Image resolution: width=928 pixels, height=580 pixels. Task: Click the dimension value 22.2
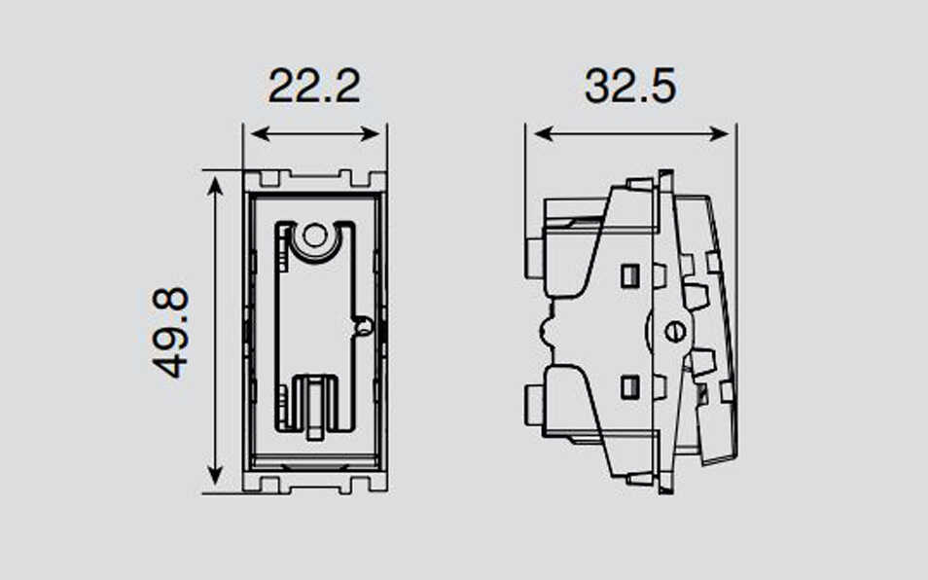tap(314, 87)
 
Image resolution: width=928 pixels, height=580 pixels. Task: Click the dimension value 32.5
tap(629, 87)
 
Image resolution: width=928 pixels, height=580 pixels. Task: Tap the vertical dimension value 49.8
tap(170, 333)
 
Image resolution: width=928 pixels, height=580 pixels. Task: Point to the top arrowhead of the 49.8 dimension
tap(215, 187)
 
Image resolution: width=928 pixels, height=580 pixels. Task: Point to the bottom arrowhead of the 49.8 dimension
tap(215, 475)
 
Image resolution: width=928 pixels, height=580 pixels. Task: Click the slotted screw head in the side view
tap(675, 332)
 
